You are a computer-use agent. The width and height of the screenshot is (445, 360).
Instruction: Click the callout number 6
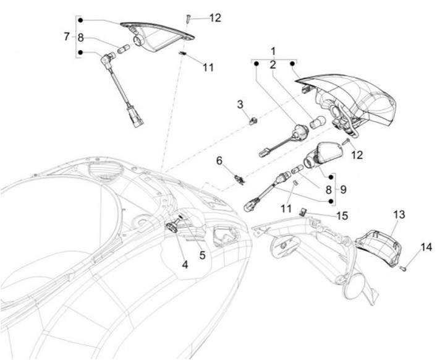(x=219, y=161)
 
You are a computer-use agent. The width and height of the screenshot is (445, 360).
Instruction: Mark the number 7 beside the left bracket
(x=67, y=36)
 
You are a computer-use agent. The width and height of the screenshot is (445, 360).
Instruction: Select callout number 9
(x=343, y=188)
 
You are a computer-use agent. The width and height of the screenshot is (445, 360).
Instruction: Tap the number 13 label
(x=399, y=215)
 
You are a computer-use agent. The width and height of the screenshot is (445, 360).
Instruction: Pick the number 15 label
(x=342, y=216)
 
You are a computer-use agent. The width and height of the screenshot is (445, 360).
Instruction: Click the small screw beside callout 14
(x=402, y=268)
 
